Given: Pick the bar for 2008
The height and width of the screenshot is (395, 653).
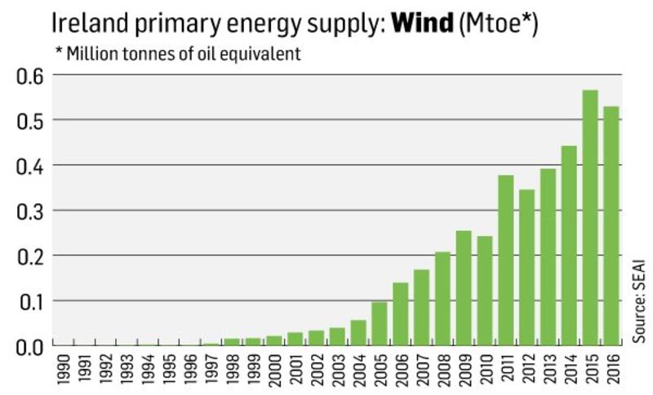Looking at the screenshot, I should (442, 298).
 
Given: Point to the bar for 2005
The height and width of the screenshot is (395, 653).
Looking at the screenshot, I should (379, 323).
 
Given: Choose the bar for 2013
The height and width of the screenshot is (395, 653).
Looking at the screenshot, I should (548, 256).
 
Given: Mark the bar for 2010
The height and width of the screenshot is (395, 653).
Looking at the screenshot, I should (485, 291).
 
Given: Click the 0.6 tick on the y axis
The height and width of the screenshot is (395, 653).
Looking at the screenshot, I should (29, 75).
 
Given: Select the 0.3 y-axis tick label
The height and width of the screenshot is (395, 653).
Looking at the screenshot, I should (29, 211).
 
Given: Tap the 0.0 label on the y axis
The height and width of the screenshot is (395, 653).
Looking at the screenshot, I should (29, 346).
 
